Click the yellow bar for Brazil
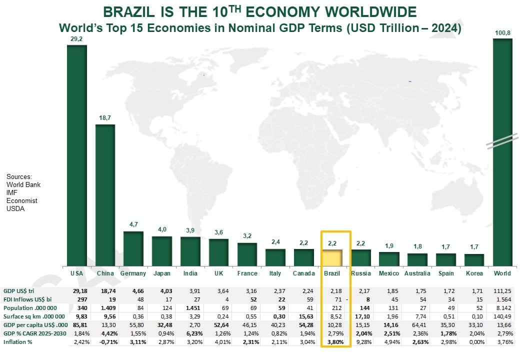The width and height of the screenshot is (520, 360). [332, 258]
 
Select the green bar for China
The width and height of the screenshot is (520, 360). [105, 195]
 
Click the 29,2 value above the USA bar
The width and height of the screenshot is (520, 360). [77, 37]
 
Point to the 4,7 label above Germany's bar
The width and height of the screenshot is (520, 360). [133, 224]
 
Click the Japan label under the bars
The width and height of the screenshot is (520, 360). [161, 273]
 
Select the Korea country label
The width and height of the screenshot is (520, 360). [474, 273]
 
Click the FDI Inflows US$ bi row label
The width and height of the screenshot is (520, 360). [27, 299]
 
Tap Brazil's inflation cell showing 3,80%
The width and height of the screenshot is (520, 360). [335, 342]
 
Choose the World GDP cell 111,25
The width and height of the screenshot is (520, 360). [502, 290]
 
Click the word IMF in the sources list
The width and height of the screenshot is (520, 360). [12, 192]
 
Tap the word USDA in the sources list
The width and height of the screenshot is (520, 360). [15, 208]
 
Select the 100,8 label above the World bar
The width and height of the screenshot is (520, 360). [502, 33]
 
